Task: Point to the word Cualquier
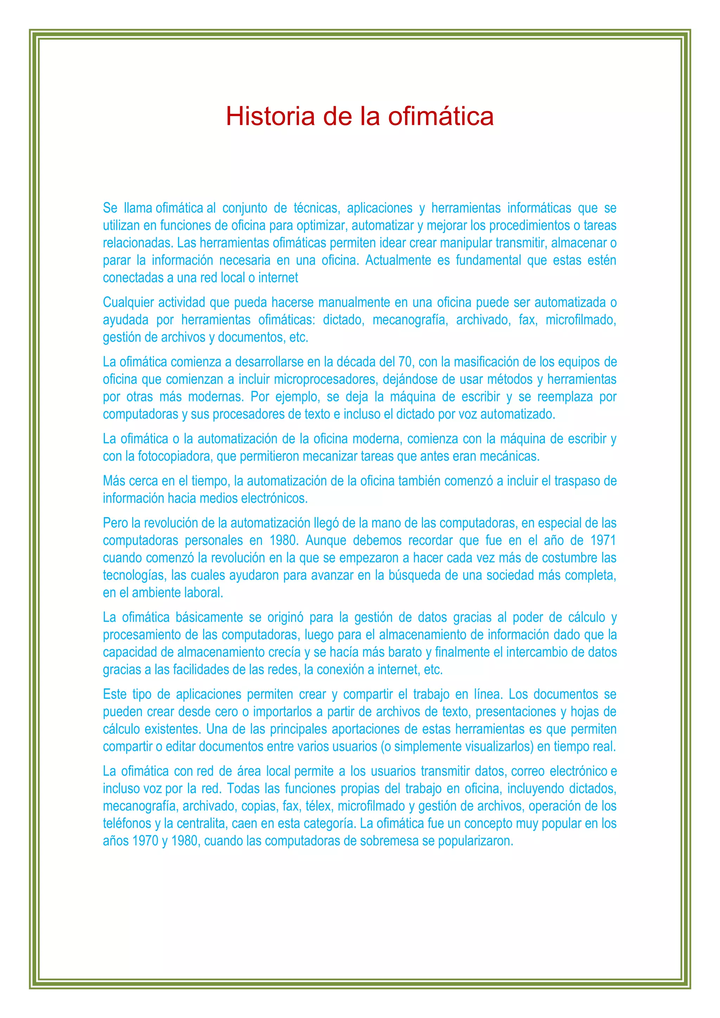tap(128, 302)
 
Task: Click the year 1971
tap(603, 541)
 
